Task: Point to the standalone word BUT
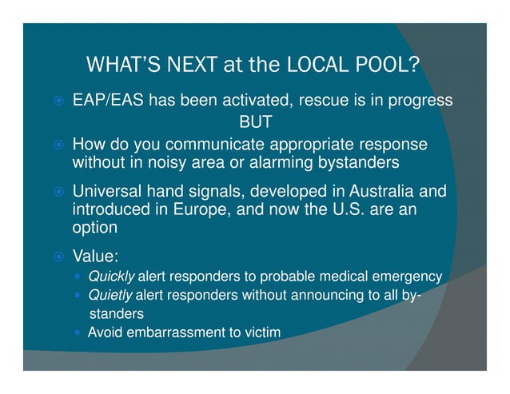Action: click(x=256, y=123)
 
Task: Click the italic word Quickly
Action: click(x=111, y=277)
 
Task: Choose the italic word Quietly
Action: click(x=110, y=295)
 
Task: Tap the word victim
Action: click(x=261, y=332)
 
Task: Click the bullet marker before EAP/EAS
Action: click(x=58, y=102)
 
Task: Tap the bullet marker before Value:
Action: click(x=58, y=258)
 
